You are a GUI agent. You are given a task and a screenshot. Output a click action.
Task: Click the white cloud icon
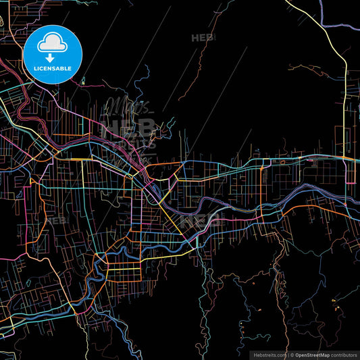click(53, 44)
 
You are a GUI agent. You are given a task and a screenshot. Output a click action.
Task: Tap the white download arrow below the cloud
click(53, 58)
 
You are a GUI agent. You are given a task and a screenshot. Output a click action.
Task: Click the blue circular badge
click(53, 54)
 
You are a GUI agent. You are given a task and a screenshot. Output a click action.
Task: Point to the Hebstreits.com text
click(268, 354)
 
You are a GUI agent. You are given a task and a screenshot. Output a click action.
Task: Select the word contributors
click(342, 354)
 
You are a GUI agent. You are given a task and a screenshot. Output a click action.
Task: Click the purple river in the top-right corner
click(341, 27)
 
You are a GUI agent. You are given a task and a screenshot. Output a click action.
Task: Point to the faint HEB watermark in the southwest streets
click(55, 221)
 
